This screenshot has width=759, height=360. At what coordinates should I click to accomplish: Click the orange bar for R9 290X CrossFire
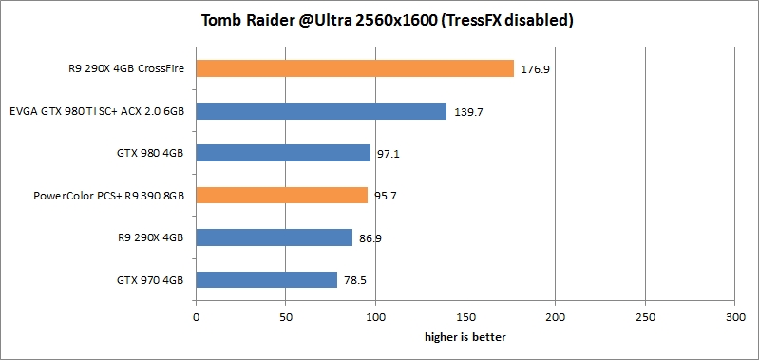(x=354, y=68)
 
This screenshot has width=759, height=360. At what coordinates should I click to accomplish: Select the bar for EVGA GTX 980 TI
(x=321, y=111)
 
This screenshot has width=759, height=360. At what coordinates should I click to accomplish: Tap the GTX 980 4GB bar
(x=283, y=153)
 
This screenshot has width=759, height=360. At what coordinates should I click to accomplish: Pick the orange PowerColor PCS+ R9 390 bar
(x=281, y=195)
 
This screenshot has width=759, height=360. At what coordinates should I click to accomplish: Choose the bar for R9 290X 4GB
(x=274, y=237)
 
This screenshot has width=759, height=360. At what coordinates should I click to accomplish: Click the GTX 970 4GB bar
(x=266, y=279)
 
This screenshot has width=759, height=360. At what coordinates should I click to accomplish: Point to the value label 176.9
(x=534, y=68)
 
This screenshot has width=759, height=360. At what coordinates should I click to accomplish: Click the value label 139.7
(x=466, y=112)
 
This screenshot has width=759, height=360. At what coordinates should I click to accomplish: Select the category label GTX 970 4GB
(x=150, y=280)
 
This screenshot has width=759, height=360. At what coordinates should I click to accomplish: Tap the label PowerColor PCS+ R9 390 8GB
(x=108, y=196)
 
